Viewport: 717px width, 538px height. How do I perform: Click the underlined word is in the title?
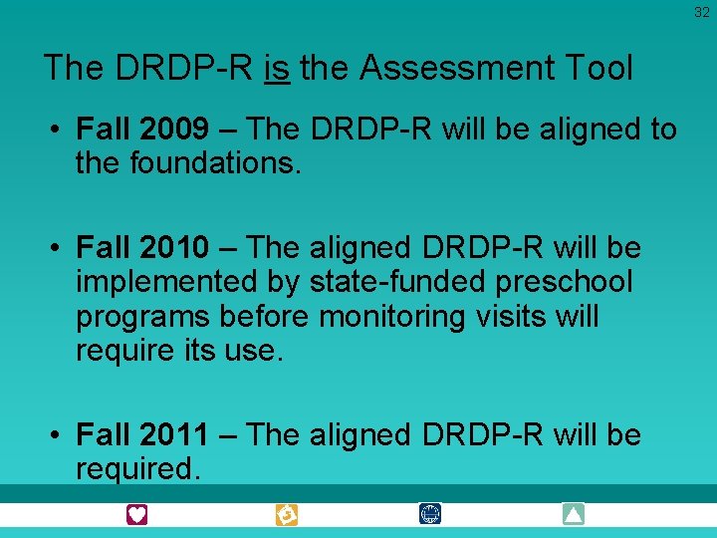(x=278, y=68)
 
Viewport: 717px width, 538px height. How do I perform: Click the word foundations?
(x=215, y=162)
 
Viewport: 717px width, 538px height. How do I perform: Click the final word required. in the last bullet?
(x=138, y=468)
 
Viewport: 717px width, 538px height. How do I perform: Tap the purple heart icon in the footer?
(x=136, y=514)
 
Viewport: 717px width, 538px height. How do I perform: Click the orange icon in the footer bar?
(x=287, y=514)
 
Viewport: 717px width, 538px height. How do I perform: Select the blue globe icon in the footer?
(x=430, y=514)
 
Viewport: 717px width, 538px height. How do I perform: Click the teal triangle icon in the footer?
(x=573, y=514)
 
